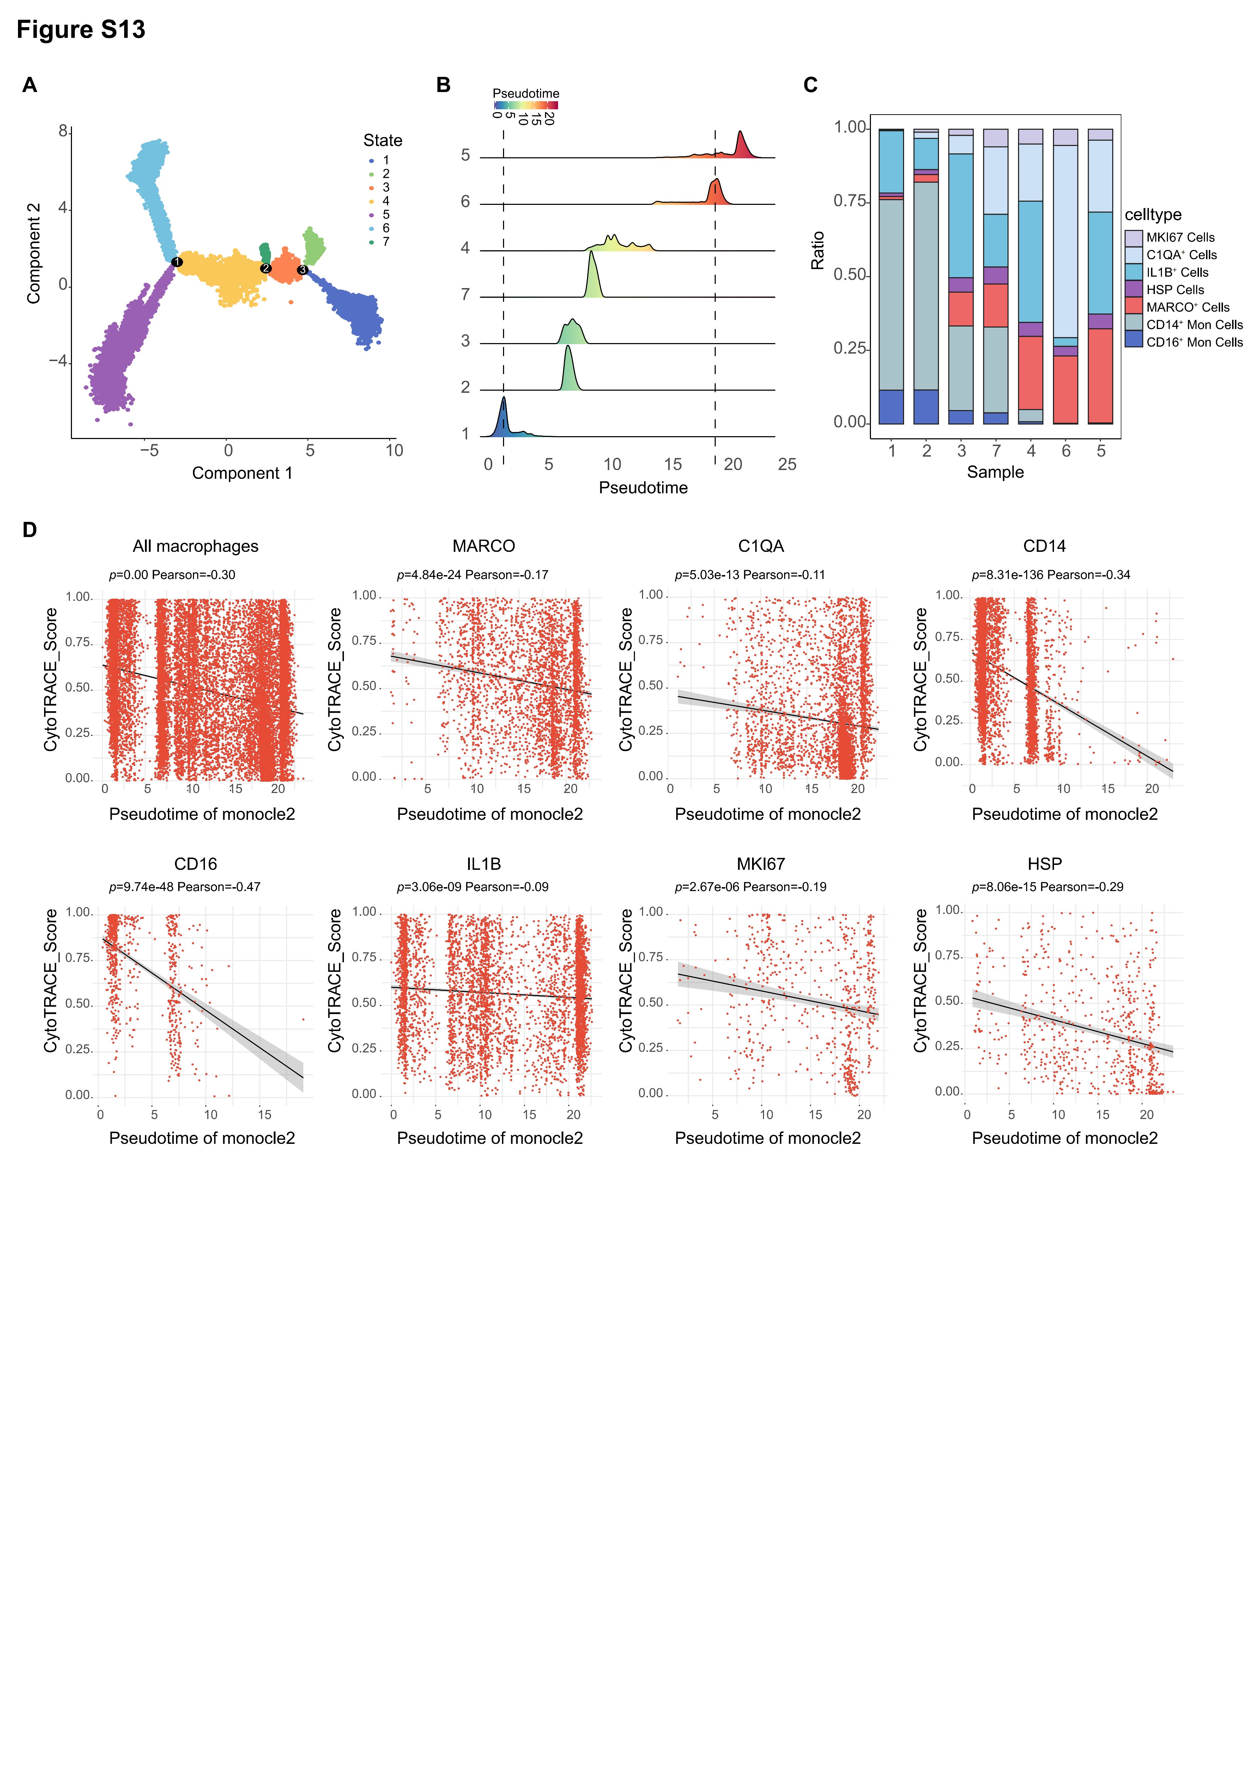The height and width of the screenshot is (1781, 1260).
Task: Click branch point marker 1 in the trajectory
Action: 177,262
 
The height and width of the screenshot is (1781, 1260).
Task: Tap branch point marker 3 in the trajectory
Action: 303,270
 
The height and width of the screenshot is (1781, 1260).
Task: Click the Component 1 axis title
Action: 242,473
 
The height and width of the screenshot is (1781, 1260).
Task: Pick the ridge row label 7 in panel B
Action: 466,295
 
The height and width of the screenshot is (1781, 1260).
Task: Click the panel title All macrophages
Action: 195,546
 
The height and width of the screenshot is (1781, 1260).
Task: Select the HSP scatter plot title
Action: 1044,864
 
